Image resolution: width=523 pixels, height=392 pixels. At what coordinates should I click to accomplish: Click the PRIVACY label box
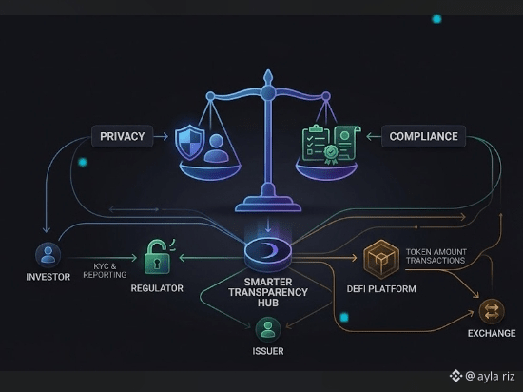coord(122,136)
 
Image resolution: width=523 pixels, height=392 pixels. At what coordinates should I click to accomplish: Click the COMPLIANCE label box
coord(423,136)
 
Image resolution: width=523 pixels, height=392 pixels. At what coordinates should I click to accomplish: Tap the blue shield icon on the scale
coord(190,142)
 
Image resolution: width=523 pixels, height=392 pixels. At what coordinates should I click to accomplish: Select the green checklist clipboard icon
coord(316,144)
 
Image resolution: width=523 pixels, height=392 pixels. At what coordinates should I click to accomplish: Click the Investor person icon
coord(48,255)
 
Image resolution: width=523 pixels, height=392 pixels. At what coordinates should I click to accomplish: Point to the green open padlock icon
coord(158,257)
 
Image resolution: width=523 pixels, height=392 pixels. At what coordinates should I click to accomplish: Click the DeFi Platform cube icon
coord(381,259)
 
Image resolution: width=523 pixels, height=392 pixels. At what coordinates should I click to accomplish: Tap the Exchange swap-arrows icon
coord(492,311)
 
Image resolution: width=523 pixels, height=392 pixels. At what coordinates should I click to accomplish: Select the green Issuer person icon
coord(268,329)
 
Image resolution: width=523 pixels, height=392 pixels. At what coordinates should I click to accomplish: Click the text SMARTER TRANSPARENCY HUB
coord(268,292)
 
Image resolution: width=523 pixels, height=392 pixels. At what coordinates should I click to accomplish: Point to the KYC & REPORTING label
coord(105,270)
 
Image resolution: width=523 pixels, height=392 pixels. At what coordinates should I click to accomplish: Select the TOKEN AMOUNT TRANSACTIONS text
coord(436,256)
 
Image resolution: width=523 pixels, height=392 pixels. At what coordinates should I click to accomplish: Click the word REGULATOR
coord(157,288)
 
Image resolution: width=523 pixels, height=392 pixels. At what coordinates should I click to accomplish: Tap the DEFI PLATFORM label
coord(381,289)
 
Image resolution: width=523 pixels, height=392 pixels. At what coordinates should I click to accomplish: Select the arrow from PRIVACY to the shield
coord(161,136)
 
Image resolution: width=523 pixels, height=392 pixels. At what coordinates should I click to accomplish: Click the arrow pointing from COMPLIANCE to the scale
coord(374,136)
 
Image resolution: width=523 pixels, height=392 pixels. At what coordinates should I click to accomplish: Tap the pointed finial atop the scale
coord(268,76)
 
